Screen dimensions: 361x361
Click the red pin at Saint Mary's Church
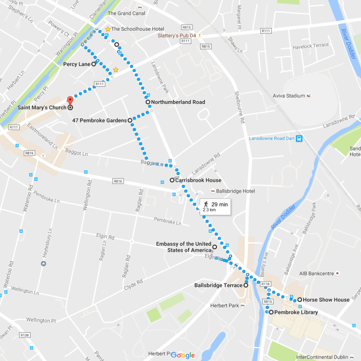pyautogui.click(x=70, y=100)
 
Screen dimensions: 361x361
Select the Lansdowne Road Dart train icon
pyautogui.click(x=299, y=139)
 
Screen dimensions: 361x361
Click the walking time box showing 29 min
pyautogui.click(x=215, y=206)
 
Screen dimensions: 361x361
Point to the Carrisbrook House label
pyautogui.click(x=198, y=180)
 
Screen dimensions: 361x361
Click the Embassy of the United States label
pyautogui.click(x=183, y=247)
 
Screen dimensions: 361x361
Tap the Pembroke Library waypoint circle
pyautogui.click(x=271, y=312)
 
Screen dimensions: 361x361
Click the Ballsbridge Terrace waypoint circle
pyautogui.click(x=245, y=286)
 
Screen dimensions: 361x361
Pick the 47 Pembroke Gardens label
pyautogui.click(x=99, y=120)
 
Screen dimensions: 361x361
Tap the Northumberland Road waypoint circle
pyautogui.click(x=148, y=102)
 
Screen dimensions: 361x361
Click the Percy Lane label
pyautogui.click(x=77, y=64)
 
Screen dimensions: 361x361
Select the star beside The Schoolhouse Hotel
pyautogui.click(x=107, y=29)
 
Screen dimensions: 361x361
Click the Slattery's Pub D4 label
pyautogui.click(x=176, y=35)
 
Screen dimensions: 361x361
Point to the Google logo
pyautogui.click(x=183, y=355)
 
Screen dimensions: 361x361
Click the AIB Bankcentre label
pyautogui.click(x=316, y=273)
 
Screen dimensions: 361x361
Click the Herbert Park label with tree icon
pyautogui.click(x=225, y=306)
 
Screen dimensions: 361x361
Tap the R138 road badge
pyautogui.click(x=25, y=335)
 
